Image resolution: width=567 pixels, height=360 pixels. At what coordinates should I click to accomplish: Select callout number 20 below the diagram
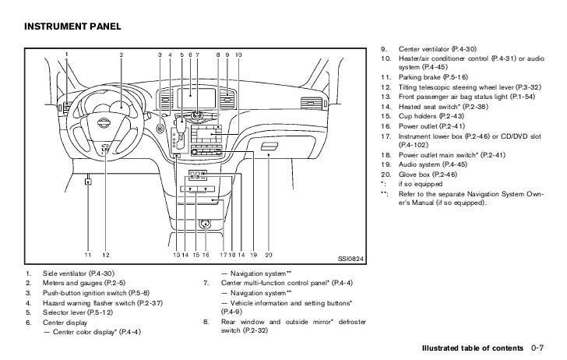coord(269,255)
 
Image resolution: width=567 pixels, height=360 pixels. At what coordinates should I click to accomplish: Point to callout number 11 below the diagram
coord(89,255)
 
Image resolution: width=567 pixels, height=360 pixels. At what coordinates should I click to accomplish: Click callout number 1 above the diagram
coord(67,54)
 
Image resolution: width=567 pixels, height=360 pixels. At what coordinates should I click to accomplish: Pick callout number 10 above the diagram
coord(238,54)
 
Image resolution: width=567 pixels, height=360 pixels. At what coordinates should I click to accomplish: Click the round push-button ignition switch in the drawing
coord(160,126)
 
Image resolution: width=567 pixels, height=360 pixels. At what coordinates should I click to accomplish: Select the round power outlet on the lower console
coord(205,224)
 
